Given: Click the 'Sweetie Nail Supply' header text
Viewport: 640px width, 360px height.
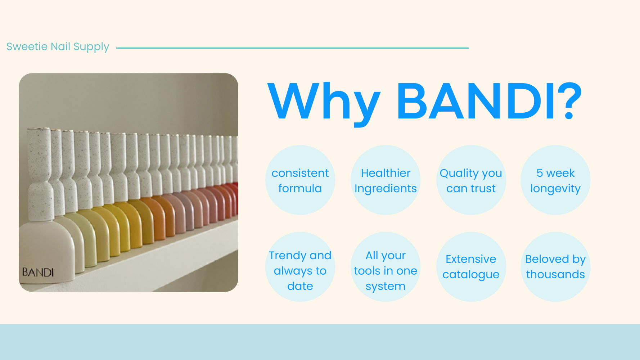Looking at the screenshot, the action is point(58,47).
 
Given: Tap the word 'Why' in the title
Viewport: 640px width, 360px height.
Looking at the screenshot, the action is point(324,102).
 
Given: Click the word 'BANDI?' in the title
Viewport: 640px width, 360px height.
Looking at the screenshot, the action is point(489,101).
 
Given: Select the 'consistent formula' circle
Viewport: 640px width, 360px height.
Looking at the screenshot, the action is point(300,180).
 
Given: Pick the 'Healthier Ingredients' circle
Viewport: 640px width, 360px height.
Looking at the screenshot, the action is point(386,180).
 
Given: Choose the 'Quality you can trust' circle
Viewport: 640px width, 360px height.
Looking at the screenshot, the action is point(471,180).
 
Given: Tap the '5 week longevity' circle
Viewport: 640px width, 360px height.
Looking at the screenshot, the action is point(555,180).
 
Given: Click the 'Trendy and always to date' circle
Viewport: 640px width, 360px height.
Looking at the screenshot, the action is point(300,267).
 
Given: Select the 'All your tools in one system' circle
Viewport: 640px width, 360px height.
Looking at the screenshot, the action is point(386,267).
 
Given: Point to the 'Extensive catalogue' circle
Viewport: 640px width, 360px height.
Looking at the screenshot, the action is point(471,267).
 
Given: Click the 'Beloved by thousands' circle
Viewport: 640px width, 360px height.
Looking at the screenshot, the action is point(555,267).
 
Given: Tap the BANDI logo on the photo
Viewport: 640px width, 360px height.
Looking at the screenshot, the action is point(38,272).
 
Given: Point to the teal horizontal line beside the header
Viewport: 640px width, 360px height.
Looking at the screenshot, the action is point(292,48).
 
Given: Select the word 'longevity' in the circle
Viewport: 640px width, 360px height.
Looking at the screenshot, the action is point(555,189).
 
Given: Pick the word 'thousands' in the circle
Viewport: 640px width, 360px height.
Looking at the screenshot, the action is point(555,274).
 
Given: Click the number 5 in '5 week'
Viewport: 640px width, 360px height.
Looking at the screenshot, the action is point(540,173).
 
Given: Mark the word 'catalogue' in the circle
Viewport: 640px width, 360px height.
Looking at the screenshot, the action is point(471,275).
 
